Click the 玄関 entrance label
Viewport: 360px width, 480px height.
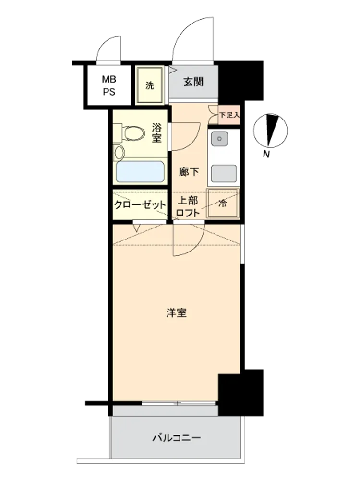tap(193, 82)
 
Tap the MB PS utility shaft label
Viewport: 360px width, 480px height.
tap(109, 85)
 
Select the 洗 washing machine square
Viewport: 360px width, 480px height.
tap(150, 85)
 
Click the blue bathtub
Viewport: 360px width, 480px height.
tap(140, 172)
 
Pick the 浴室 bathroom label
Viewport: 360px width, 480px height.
tap(156, 133)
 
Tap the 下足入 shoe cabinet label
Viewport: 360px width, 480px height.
tap(229, 115)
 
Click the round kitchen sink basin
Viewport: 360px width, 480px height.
tap(219, 138)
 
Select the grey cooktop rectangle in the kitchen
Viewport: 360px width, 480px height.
tap(224, 174)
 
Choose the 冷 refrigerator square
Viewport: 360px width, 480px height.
tap(223, 203)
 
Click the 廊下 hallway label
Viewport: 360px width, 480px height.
tap(189, 172)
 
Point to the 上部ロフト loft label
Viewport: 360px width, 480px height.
tap(188, 206)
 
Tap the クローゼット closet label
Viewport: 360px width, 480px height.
tap(140, 204)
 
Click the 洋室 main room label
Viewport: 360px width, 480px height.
tap(177, 313)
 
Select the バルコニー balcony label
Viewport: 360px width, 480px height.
tap(177, 438)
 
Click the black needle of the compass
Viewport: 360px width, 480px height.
tap(271, 130)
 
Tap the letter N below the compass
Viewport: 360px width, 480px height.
tap(266, 154)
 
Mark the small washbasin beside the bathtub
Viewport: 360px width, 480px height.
tap(119, 152)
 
